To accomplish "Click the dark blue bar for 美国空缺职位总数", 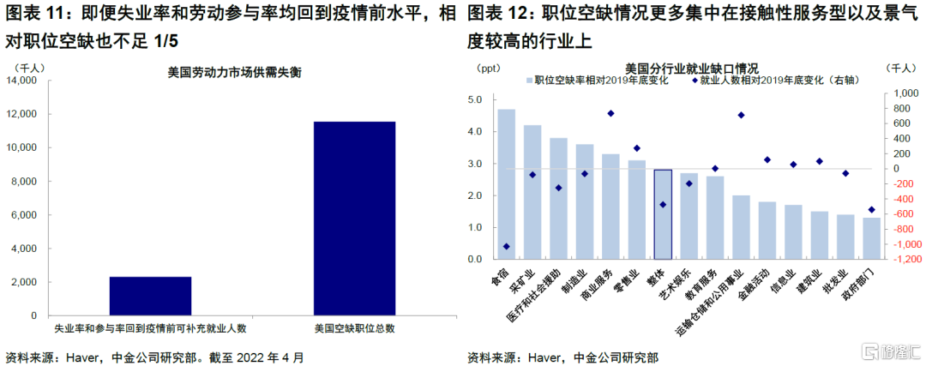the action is coord(354,219).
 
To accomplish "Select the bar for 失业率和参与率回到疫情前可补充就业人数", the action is coord(151,297).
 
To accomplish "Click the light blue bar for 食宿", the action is coord(507,184).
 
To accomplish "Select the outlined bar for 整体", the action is coord(663,214).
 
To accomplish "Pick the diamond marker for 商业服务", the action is coord(610,113).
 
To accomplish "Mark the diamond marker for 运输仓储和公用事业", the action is coord(741,115).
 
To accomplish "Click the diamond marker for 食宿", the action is coord(507,246).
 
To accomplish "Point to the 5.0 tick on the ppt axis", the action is coord(475,99).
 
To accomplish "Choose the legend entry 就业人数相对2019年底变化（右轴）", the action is coord(774,81).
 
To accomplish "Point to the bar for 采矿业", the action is coord(532,192).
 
